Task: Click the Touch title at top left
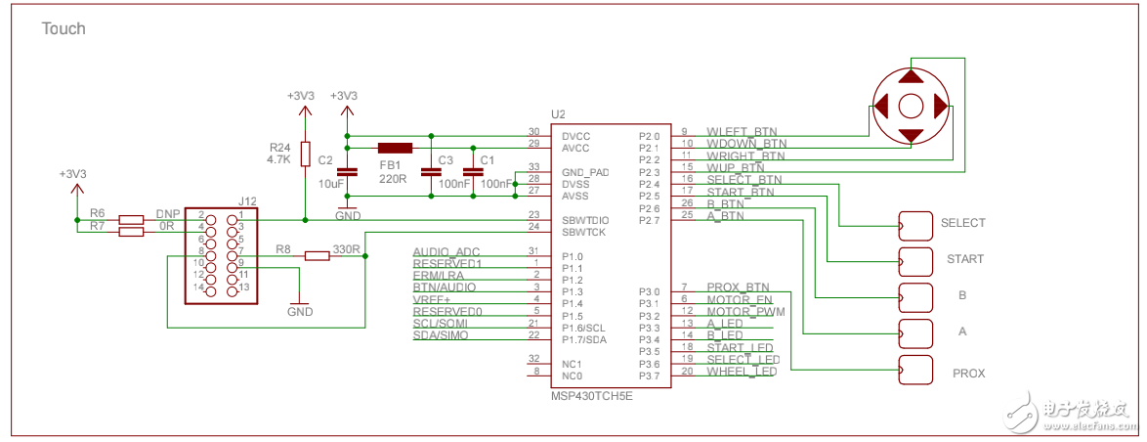click(63, 29)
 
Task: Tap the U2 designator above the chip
click(559, 115)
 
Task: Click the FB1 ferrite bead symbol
click(395, 148)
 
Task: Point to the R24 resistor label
click(279, 146)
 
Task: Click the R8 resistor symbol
click(317, 256)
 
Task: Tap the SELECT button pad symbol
click(915, 226)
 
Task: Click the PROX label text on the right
click(968, 374)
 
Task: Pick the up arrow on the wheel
click(911, 75)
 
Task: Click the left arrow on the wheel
click(881, 105)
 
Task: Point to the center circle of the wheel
click(911, 105)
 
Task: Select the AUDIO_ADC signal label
click(446, 252)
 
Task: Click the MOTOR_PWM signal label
click(740, 312)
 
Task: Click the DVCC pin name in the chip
click(576, 135)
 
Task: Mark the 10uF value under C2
click(331, 184)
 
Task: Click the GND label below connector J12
click(300, 311)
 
